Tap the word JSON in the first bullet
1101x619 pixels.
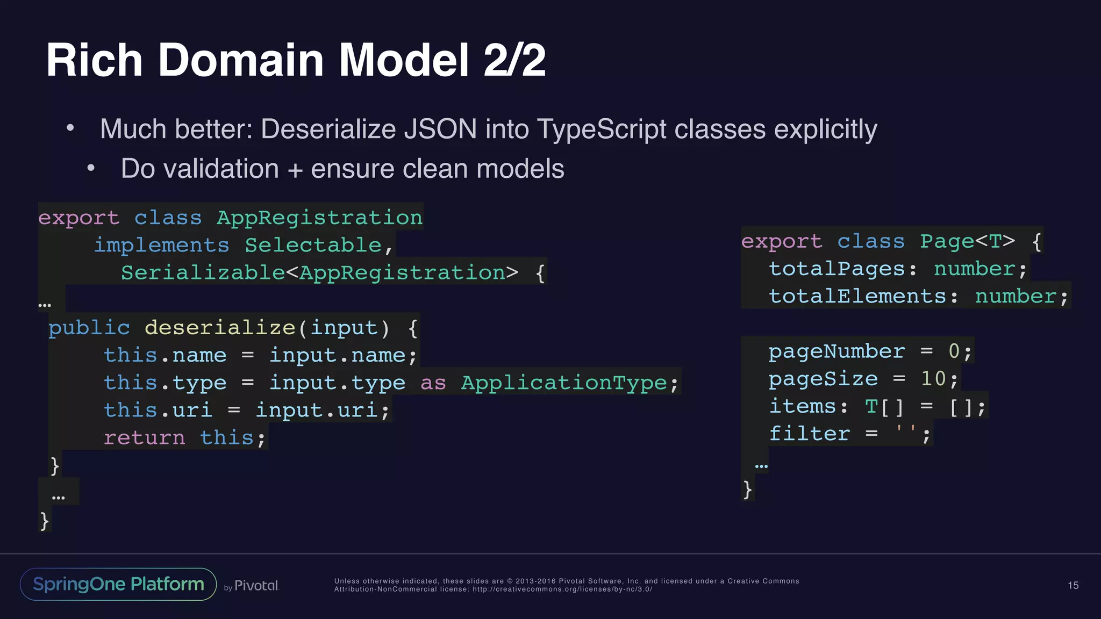[x=440, y=129]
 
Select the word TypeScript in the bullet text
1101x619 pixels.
[x=601, y=129]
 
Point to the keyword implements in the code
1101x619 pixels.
[x=162, y=245]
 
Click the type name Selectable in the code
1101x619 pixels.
[x=313, y=245]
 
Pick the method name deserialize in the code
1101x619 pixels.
[x=220, y=328]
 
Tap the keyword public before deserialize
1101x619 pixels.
[x=89, y=328]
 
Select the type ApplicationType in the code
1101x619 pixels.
[x=564, y=383]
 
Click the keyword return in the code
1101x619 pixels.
[x=144, y=438]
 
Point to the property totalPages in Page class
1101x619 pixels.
[x=837, y=269]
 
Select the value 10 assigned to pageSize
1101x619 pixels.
[x=933, y=379]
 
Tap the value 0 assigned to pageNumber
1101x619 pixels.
[x=954, y=351]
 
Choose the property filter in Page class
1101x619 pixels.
[x=809, y=434]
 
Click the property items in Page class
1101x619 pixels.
[x=802, y=406]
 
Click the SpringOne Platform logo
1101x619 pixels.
[x=118, y=584]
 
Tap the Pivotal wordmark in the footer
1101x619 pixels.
[x=256, y=586]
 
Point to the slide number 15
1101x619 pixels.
[x=1073, y=585]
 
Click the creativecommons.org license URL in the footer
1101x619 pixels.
[x=562, y=589]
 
